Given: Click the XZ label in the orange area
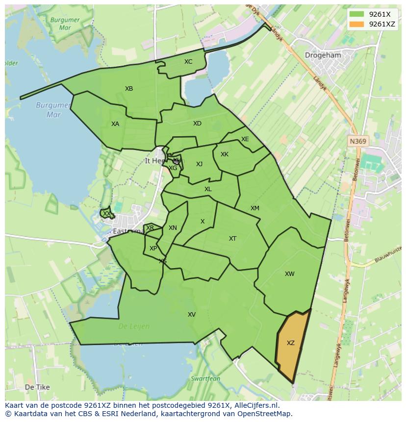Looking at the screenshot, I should tap(291, 343).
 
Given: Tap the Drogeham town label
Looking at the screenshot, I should tap(323, 55).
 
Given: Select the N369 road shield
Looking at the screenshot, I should tap(358, 141).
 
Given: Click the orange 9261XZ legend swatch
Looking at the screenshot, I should tap(357, 24).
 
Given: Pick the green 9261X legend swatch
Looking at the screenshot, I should tap(357, 14).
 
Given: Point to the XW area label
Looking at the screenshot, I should tap(290, 274).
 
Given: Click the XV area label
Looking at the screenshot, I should tap(192, 315).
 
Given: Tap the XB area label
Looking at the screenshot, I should tap(129, 89).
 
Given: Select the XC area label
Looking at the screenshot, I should tap(188, 62).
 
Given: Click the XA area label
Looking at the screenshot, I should tap(115, 124).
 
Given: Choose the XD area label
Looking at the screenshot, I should tap(197, 124).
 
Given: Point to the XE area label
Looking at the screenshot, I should tap(245, 139).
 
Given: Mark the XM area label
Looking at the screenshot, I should tap(255, 208).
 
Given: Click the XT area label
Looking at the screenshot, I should tap(233, 239).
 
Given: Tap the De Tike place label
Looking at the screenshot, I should tap(37, 387).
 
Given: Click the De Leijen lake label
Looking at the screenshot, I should tap(134, 326).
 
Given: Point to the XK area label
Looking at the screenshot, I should tap(225, 154).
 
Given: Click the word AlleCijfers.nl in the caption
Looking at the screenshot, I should tap(256, 405).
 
